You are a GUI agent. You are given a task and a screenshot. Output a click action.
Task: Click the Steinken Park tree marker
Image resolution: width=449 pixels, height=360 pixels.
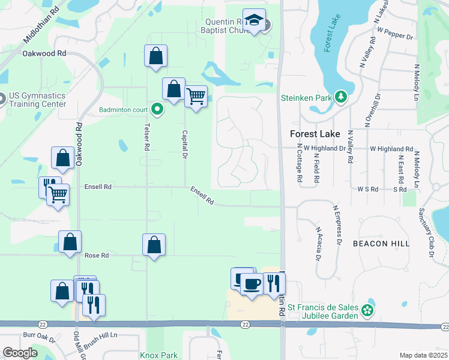click(342, 97)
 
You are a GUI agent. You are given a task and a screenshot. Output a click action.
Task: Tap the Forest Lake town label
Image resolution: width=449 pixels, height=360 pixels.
click(315, 134)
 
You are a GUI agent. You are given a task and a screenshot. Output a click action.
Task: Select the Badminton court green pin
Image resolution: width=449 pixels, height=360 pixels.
click(157, 109)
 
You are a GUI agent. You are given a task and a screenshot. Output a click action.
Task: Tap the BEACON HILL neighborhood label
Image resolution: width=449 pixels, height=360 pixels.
click(381, 244)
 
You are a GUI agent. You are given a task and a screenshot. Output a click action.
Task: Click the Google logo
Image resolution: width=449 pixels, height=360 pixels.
click(20, 353)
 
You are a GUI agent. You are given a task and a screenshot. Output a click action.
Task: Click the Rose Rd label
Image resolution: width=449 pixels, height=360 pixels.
click(96, 255)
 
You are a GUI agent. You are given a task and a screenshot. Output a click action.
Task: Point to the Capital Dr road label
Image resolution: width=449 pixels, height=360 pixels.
click(185, 145)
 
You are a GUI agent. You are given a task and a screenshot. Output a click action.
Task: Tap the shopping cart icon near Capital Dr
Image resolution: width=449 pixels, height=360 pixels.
click(196, 95)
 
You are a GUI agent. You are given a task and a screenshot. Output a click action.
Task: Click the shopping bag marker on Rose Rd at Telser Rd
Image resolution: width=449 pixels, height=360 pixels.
click(154, 245)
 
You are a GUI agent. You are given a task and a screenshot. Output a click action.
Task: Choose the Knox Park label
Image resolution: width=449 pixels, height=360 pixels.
click(158, 355)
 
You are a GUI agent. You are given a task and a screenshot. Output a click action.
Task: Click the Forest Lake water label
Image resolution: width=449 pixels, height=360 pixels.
click(328, 35)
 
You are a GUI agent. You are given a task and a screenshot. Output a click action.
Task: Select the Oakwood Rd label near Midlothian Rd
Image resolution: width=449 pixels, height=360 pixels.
click(44, 53)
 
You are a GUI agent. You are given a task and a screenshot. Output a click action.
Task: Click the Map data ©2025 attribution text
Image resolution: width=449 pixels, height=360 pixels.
click(423, 355)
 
